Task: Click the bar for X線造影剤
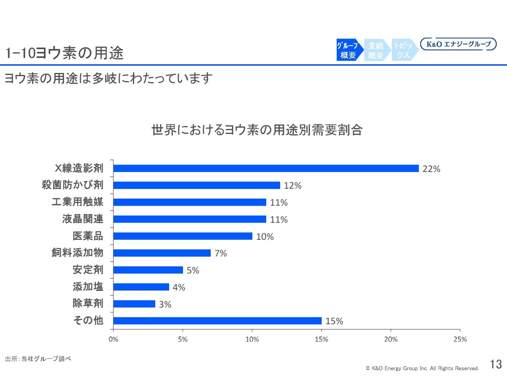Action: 266,168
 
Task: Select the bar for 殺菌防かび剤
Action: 196,185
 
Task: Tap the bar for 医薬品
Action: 183,236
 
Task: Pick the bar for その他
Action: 217,321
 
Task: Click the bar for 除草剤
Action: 134,304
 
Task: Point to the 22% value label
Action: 431,169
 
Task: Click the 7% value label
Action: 221,253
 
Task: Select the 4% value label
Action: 179,287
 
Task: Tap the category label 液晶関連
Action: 82,219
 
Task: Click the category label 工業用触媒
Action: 77,202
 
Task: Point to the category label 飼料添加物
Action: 77,252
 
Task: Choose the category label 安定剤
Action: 88,270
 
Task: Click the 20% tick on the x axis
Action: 391,339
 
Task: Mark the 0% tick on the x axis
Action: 113,339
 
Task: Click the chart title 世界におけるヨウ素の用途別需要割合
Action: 257,130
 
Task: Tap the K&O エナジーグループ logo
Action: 458,44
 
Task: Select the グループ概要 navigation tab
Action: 348,50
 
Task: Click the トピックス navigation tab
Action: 403,50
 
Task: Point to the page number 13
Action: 496,364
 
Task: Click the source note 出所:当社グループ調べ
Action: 38,359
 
